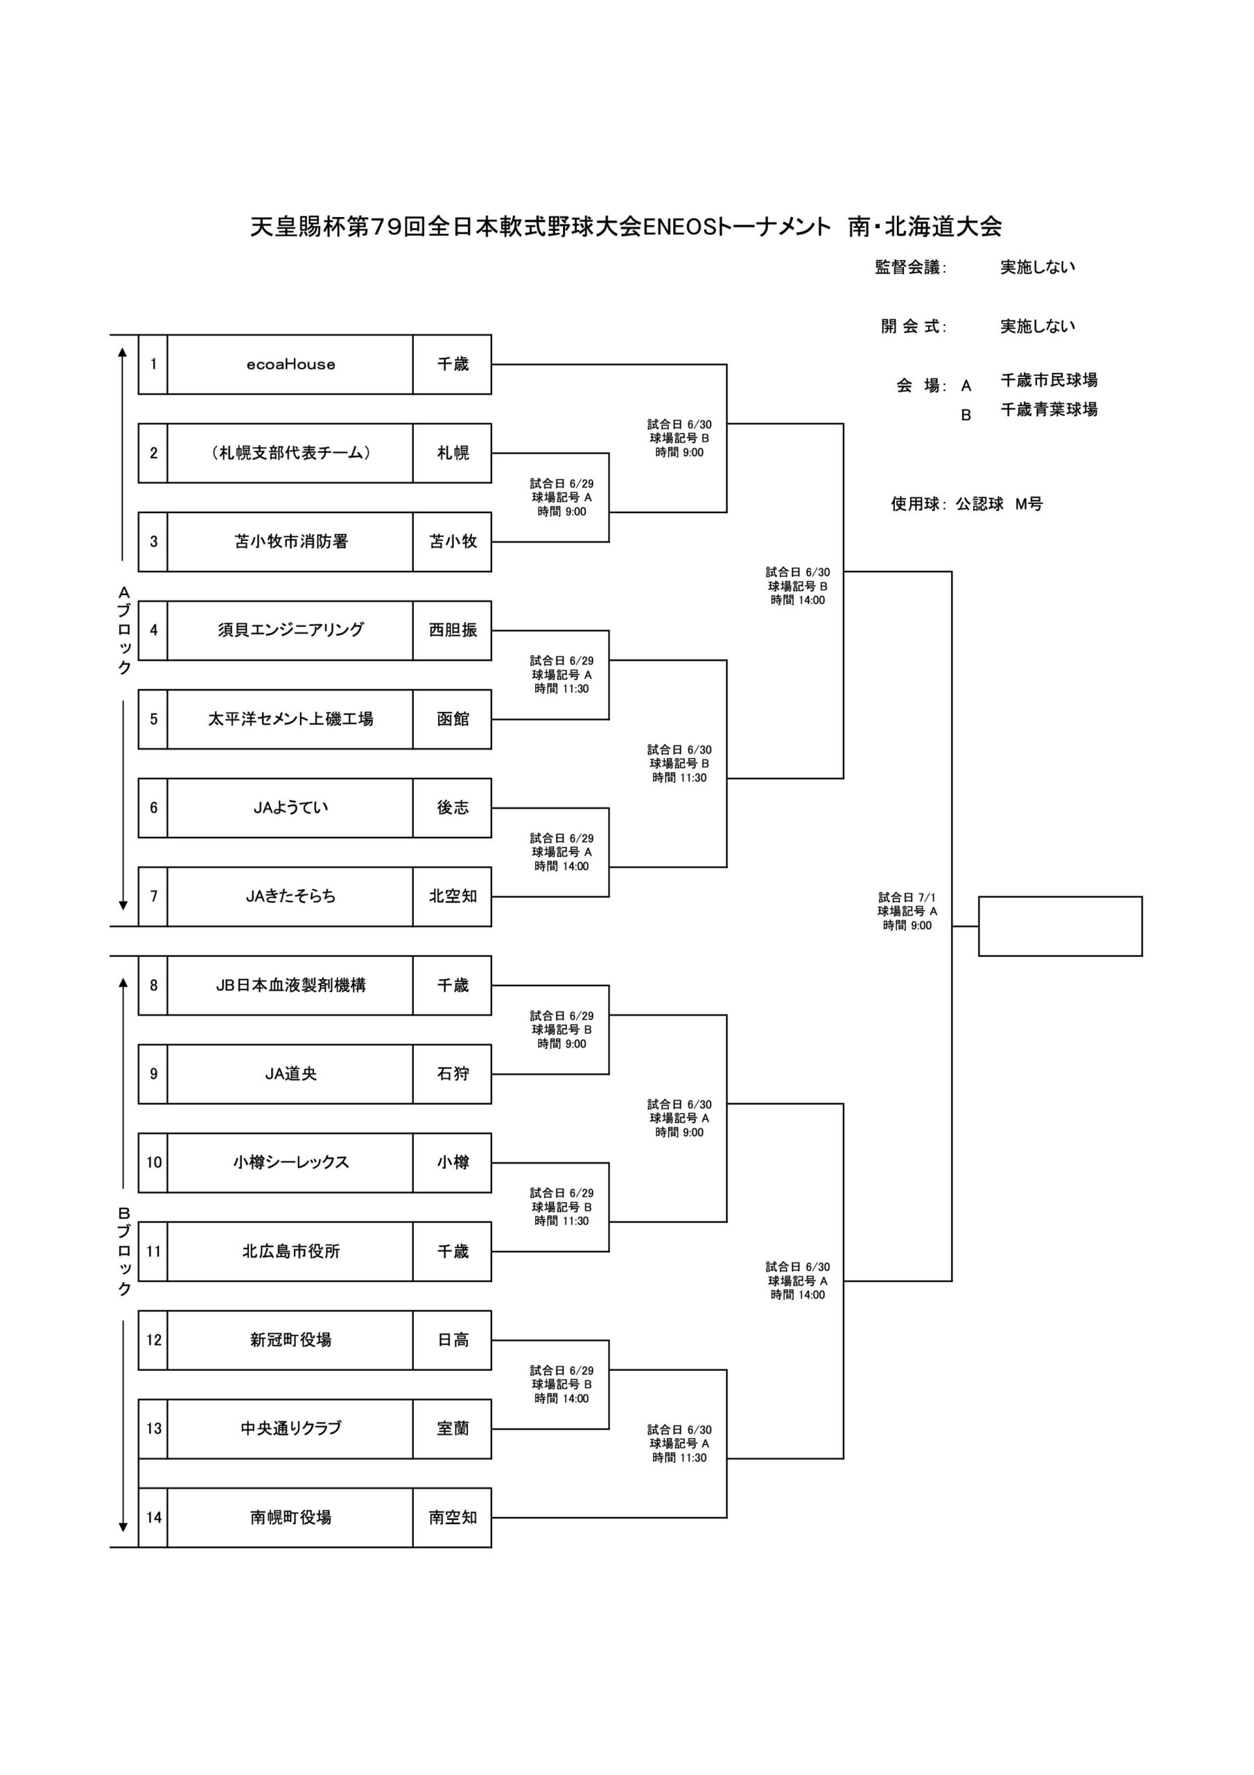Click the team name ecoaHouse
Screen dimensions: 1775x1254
290,364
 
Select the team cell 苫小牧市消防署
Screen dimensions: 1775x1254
290,542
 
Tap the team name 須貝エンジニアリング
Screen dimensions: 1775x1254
290,630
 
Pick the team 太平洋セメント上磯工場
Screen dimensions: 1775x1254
290,719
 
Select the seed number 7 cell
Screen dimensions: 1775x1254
153,897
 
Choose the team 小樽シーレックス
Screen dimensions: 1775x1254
290,1163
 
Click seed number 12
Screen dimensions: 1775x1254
153,1340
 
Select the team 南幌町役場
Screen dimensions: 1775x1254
290,1518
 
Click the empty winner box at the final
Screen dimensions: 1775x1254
1060,926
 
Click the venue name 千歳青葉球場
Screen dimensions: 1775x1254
1048,410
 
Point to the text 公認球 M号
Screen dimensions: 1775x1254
999,504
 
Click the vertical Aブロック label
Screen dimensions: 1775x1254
123,631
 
